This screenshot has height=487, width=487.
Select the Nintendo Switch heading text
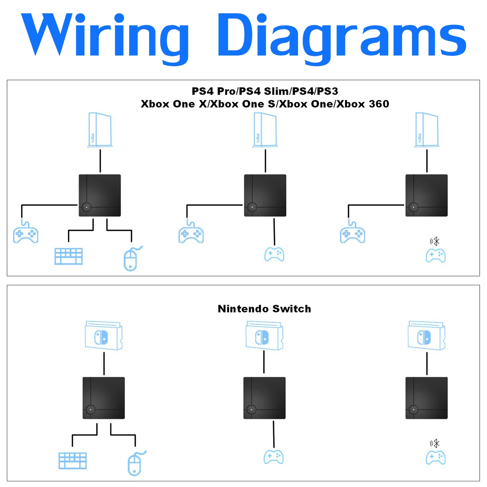[x=264, y=308]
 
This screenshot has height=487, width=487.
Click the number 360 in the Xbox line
[x=379, y=104]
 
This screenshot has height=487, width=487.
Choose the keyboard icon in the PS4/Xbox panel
[x=69, y=256]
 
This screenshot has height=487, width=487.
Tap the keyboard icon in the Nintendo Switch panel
[x=72, y=461]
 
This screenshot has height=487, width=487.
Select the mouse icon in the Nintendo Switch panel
[x=136, y=463]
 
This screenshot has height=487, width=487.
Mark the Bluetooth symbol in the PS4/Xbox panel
[x=435, y=241]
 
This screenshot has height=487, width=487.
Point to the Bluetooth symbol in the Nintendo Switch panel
[x=435, y=443]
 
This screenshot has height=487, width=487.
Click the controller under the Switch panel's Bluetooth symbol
[x=436, y=457]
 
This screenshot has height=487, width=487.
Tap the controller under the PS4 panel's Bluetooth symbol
[x=436, y=256]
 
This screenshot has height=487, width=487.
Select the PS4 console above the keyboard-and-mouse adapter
[x=100, y=130]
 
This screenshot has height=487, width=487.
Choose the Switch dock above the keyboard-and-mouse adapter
[x=104, y=335]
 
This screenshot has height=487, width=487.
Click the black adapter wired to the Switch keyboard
[x=104, y=398]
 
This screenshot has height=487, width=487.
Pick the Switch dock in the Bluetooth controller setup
[x=427, y=335]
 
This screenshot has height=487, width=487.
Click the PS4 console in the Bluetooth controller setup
[x=427, y=130]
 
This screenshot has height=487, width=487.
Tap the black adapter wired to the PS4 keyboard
[x=100, y=195]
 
